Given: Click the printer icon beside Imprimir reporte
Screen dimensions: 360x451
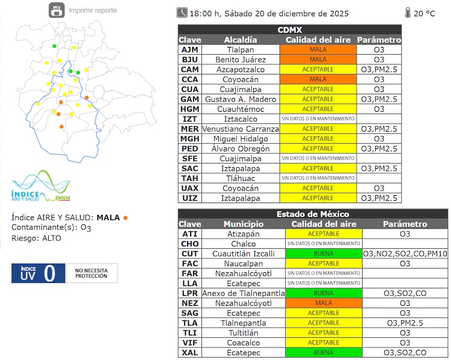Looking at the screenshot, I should (57, 10).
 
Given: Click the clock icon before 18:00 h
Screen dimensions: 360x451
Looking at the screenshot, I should (182, 13).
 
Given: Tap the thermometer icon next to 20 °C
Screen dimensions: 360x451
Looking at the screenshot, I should (408, 13).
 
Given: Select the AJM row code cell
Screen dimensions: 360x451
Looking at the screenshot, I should (189, 50).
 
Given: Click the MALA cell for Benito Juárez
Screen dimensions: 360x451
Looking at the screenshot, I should (318, 59).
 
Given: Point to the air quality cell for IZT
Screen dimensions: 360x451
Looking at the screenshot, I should (318, 119).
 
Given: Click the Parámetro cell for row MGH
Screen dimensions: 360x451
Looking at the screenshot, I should (379, 139).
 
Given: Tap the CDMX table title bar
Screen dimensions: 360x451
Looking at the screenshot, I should (290, 29).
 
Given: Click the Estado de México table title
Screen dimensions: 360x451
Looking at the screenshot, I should (313, 214).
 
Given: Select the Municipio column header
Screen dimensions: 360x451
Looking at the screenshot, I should (243, 224).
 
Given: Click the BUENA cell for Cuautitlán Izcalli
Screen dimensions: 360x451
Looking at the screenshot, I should (324, 254).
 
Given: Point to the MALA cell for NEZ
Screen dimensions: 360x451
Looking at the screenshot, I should (324, 303).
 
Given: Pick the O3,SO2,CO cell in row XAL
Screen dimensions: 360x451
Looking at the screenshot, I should (405, 352).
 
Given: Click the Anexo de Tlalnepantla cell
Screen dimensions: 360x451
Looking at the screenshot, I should (243, 293).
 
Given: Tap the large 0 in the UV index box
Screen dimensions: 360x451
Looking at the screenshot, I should (49, 273).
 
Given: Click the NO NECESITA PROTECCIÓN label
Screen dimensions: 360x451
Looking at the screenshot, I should (91, 273).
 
